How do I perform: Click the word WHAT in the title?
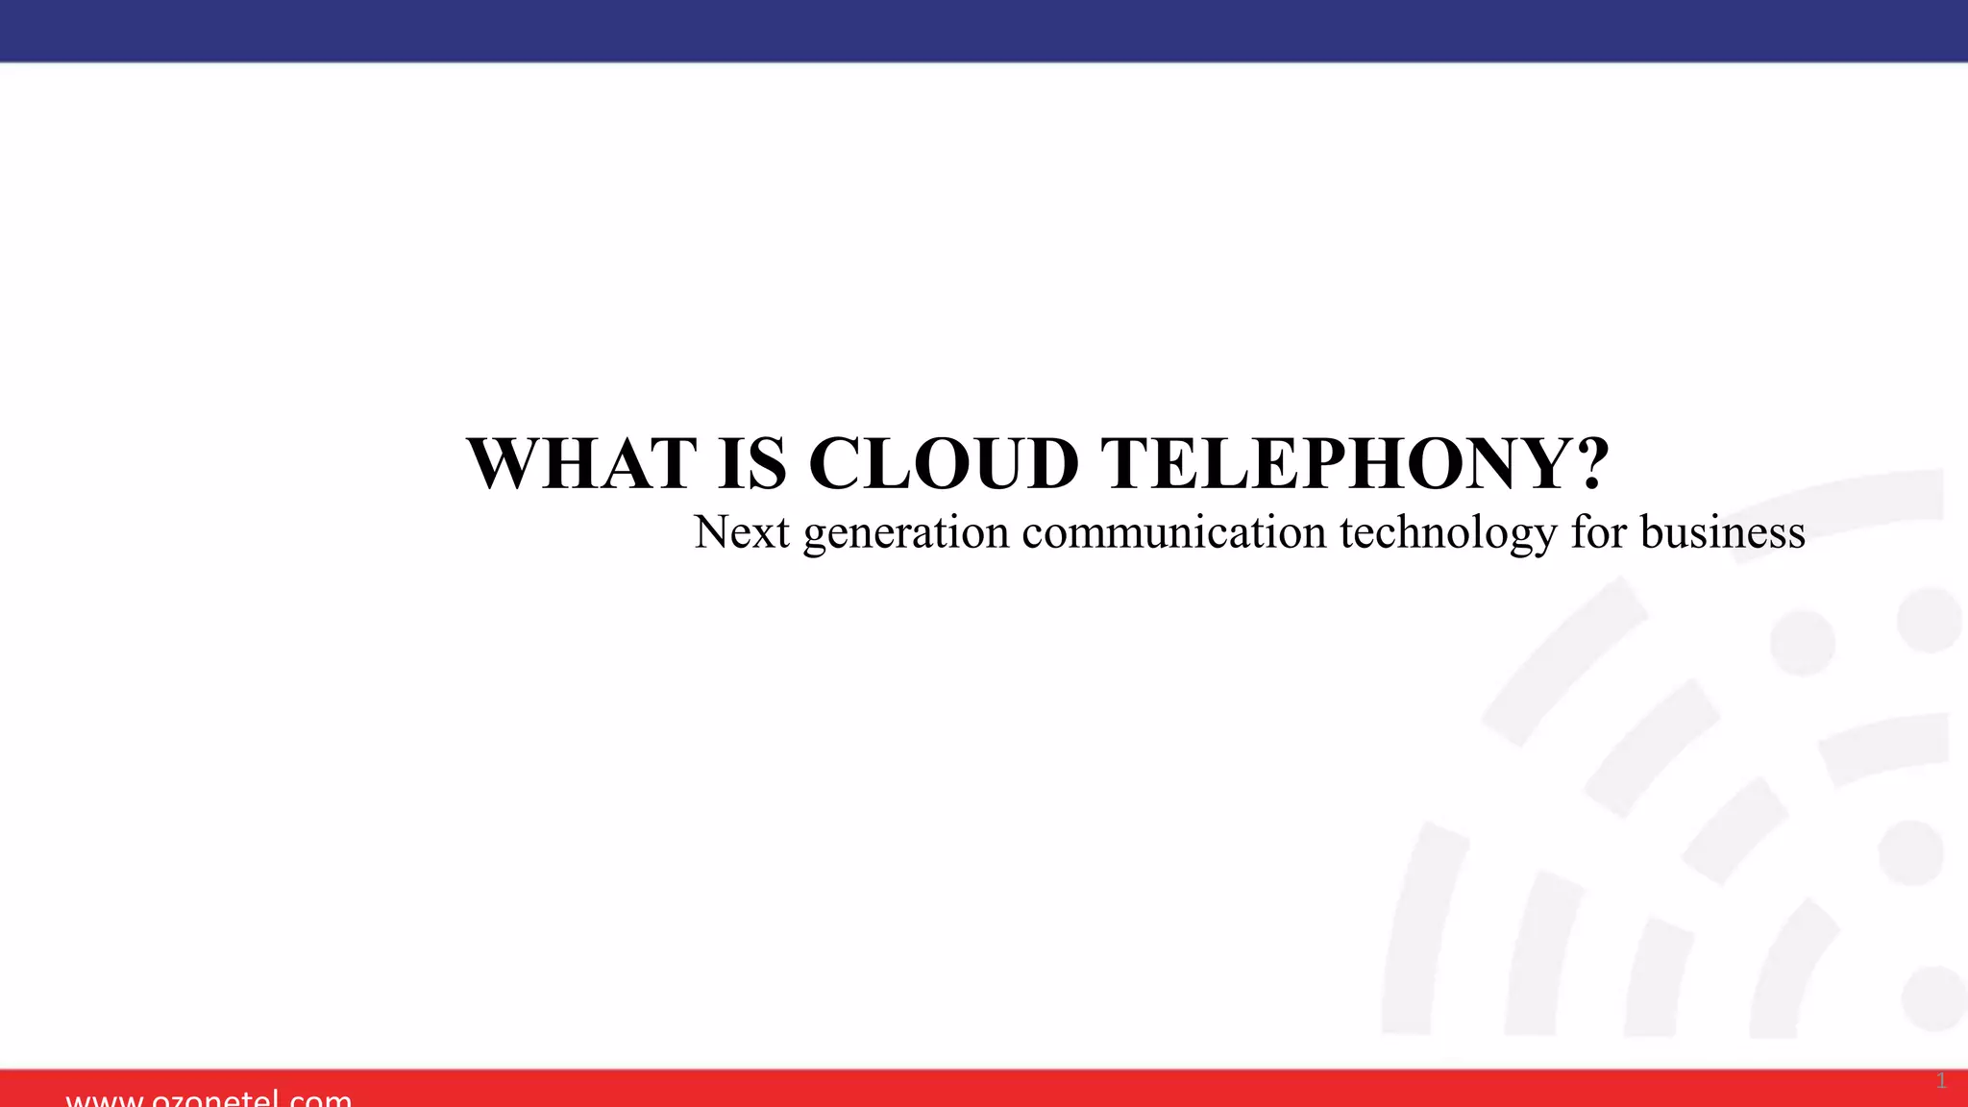[x=582, y=464]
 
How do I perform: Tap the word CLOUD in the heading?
[x=944, y=464]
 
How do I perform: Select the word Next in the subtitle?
[x=742, y=532]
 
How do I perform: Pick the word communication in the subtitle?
[x=1173, y=532]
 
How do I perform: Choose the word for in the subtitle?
[x=1599, y=532]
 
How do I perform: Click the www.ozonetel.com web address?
[x=209, y=1097]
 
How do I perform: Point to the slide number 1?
[x=1941, y=1081]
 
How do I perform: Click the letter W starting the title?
[x=504, y=464]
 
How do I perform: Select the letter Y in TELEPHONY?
[x=1537, y=464]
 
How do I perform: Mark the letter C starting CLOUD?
[x=834, y=464]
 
